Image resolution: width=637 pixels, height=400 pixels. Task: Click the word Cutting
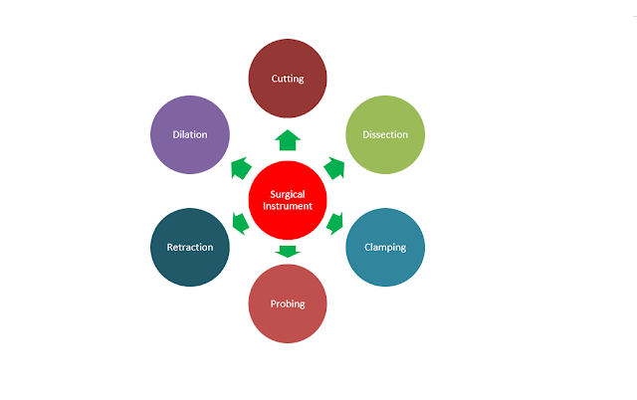click(x=288, y=78)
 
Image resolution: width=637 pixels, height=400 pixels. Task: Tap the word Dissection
click(x=384, y=134)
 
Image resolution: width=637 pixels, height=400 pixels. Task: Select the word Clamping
click(x=384, y=247)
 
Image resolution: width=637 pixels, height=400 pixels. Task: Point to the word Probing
click(x=288, y=302)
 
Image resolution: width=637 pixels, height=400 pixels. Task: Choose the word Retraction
click(x=189, y=247)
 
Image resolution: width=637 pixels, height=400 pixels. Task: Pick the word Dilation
click(x=190, y=134)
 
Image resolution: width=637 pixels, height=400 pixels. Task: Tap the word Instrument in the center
click(x=288, y=206)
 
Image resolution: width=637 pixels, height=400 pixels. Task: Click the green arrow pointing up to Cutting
click(x=288, y=138)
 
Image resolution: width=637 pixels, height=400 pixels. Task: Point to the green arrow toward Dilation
click(x=240, y=166)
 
